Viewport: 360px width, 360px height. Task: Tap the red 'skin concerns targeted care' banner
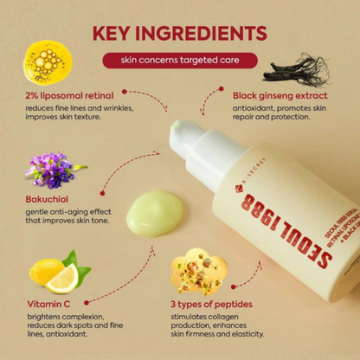pos(179,61)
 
